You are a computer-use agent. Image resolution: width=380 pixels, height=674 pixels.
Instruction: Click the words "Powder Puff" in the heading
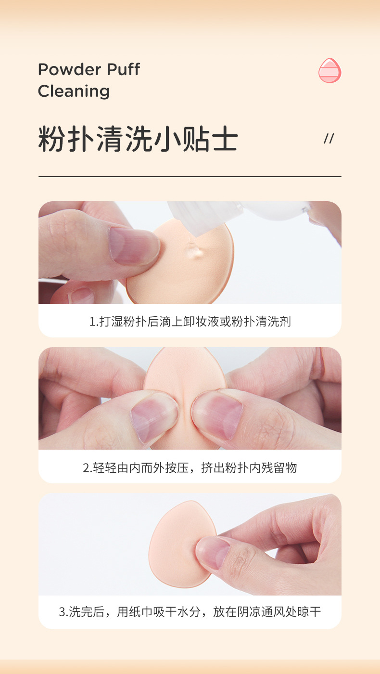[x=89, y=69]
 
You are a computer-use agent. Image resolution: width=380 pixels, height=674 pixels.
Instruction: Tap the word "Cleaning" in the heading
[x=74, y=91]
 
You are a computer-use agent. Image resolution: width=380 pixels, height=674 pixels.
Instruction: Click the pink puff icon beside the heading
[x=329, y=70]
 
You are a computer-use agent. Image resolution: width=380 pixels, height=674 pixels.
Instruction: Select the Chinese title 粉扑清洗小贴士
[x=138, y=139]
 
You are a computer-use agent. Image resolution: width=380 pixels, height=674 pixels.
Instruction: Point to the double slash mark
[x=329, y=139]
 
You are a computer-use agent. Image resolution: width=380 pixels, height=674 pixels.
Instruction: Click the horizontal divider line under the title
[x=190, y=177]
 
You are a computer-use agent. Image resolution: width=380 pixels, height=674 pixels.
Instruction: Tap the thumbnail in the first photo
[x=133, y=246]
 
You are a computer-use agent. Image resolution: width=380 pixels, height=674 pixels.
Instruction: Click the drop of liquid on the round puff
[x=193, y=250]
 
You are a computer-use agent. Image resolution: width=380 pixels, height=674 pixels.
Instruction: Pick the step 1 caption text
[x=190, y=321]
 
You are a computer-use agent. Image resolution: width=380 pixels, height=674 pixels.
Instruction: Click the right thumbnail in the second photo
[x=217, y=413]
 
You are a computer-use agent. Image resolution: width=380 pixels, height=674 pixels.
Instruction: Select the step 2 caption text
[x=190, y=467]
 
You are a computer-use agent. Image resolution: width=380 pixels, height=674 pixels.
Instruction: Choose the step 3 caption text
[x=190, y=612]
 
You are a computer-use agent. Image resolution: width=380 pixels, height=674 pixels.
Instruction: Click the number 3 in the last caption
[x=62, y=612]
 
